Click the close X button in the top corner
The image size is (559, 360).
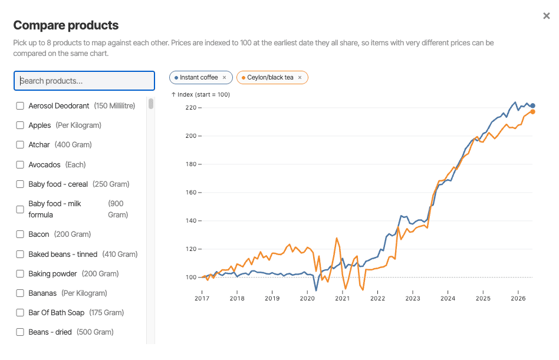pyautogui.click(x=546, y=16)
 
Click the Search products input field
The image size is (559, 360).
pyautogui.click(x=84, y=81)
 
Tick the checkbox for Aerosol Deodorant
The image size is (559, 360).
pyautogui.click(x=20, y=105)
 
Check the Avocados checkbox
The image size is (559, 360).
pyautogui.click(x=20, y=164)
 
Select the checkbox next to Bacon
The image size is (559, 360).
pyautogui.click(x=20, y=235)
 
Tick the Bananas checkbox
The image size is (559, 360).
pyautogui.click(x=20, y=293)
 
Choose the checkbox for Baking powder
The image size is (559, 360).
pyautogui.click(x=20, y=274)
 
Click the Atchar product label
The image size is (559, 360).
pyautogui.click(x=39, y=144)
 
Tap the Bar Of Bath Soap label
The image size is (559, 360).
pyautogui.click(x=57, y=313)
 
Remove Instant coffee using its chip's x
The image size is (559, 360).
pyautogui.click(x=224, y=77)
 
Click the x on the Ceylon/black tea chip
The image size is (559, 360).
pyautogui.click(x=300, y=77)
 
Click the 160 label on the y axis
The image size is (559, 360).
pyautogui.click(x=190, y=192)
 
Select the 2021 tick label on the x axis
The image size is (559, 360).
pyautogui.click(x=342, y=298)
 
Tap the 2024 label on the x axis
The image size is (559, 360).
pyautogui.click(x=448, y=298)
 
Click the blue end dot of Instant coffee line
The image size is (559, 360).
pyautogui.click(x=532, y=105)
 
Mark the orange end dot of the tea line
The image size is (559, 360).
pyautogui.click(x=532, y=112)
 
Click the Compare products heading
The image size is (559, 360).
pyautogui.click(x=66, y=25)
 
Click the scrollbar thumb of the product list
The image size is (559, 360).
pyautogui.click(x=151, y=104)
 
